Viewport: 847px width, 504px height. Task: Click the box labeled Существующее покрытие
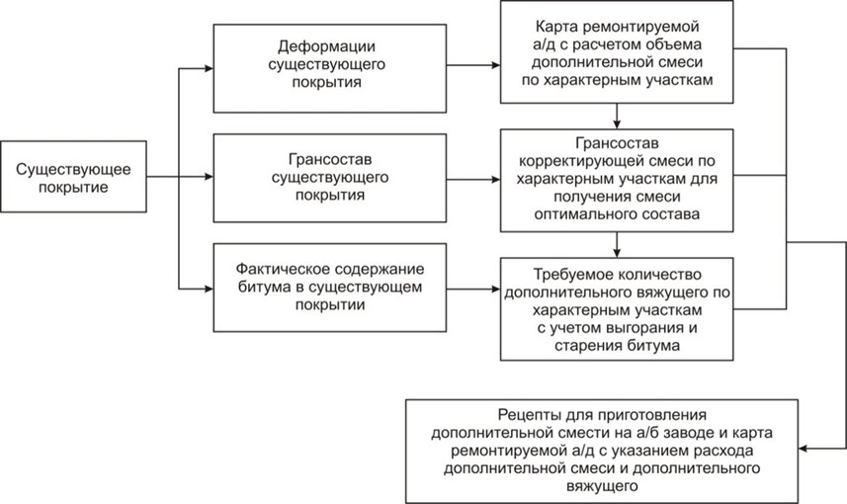[73, 177]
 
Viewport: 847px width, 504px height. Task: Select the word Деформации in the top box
[326, 46]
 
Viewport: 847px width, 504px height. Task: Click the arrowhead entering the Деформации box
[210, 68]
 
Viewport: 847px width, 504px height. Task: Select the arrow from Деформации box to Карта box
[473, 65]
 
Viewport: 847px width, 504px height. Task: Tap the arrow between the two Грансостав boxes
[473, 179]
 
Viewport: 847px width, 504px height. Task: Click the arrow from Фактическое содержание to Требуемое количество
[473, 289]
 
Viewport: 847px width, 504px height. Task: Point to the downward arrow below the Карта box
[617, 117]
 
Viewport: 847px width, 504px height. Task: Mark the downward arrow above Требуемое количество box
[617, 245]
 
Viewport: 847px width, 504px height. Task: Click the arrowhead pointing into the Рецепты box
[804, 449]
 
